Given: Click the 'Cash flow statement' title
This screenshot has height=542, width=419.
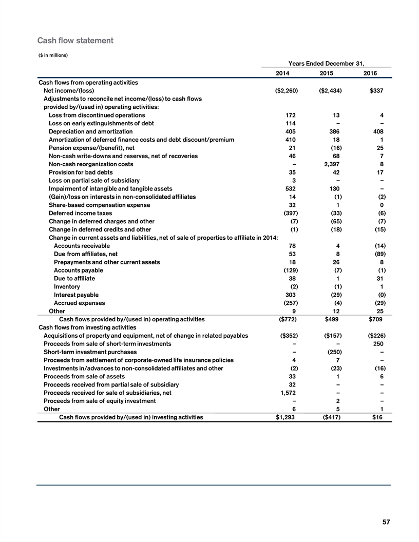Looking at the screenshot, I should (75, 40).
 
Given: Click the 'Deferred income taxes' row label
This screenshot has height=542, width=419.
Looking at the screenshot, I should (80, 212).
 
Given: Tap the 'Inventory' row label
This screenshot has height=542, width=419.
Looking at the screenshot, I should (67, 286).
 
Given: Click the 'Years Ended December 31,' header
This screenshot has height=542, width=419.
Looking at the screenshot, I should (327, 64).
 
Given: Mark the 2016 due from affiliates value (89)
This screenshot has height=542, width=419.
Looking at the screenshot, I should (379, 254).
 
